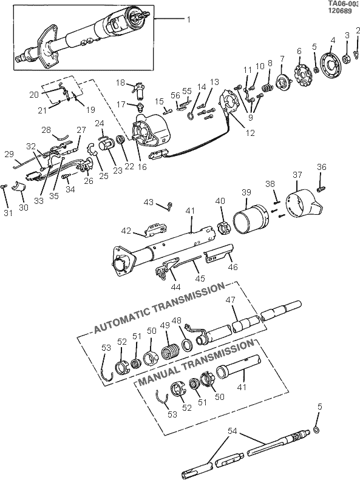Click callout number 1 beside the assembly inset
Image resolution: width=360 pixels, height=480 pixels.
click(189, 19)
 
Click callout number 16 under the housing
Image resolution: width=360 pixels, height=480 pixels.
click(142, 167)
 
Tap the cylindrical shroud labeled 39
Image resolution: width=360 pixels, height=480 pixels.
click(251, 220)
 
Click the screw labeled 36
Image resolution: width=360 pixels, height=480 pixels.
click(321, 189)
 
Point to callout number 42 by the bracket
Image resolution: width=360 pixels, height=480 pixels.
click(126, 231)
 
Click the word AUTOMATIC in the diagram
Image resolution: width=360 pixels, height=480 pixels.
click(121, 320)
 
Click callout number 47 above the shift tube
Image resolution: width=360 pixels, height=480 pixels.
click(231, 300)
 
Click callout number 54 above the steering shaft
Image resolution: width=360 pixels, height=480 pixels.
click(233, 431)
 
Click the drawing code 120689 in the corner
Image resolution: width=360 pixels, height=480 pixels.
click(339, 11)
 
